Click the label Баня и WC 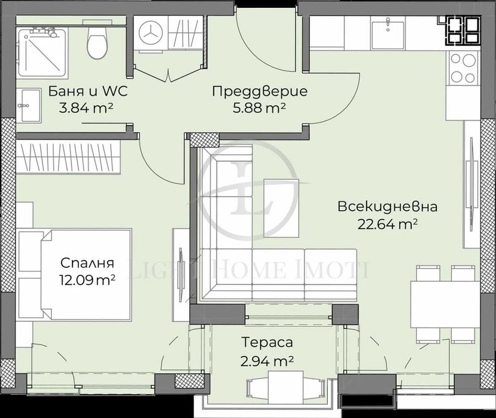click(86, 93)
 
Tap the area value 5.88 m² click(260, 107)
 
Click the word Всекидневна click(387, 207)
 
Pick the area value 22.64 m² click(387, 224)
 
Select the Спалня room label click(87, 263)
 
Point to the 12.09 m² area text click(87, 279)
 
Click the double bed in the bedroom click(75, 275)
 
